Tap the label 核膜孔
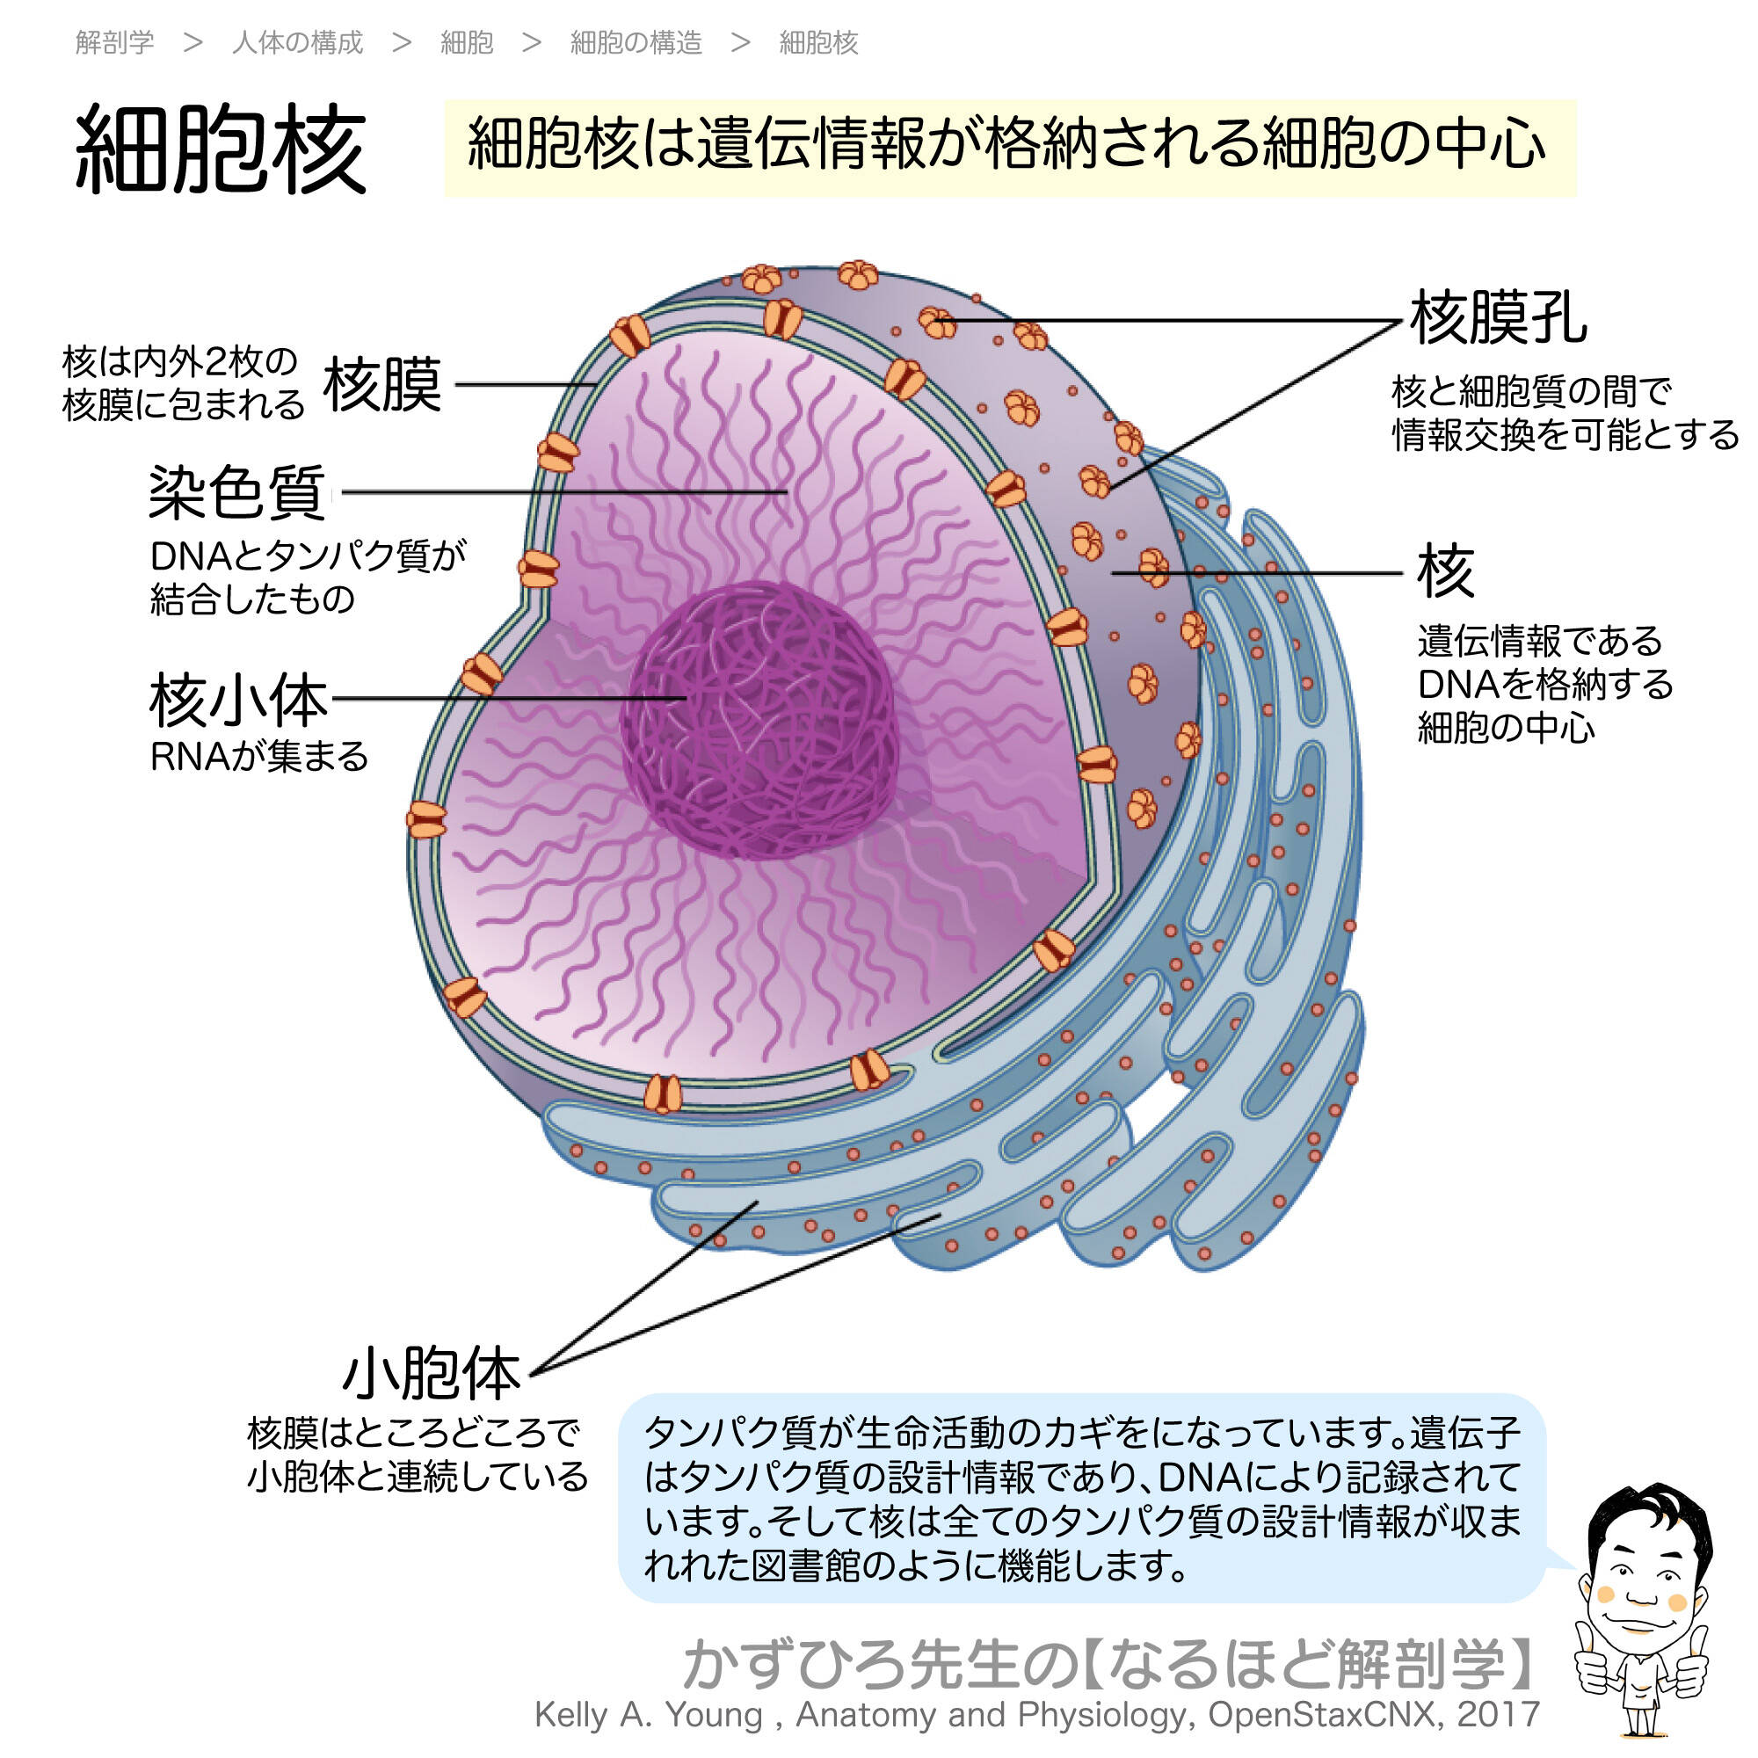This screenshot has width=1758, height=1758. coord(1498,318)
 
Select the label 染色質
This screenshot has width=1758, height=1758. coord(236,493)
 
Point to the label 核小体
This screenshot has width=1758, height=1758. coord(238,701)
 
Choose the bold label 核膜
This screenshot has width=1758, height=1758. coord(382,385)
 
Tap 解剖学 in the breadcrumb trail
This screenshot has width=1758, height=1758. coord(114,42)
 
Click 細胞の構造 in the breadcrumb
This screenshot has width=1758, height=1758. coord(636,42)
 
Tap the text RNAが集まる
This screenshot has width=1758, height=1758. coord(259,756)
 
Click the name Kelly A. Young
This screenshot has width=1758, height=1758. coord(648,1714)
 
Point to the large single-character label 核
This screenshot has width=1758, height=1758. coord(1446,571)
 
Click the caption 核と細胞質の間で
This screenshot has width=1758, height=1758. coord(1531,391)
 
